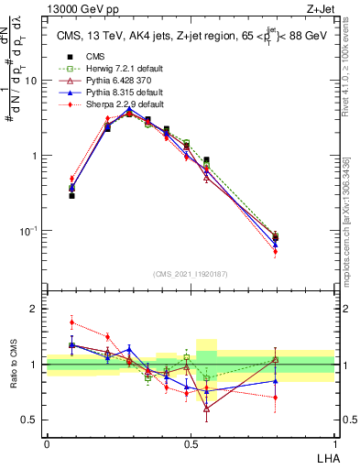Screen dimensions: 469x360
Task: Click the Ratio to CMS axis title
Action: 13,365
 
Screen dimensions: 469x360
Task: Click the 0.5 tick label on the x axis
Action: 191,442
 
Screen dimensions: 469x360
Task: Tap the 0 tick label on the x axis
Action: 47,442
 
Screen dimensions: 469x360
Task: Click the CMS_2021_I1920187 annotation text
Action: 191,273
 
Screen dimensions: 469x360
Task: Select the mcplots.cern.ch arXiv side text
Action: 352,220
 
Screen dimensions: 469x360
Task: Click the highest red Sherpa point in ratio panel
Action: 71,322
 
